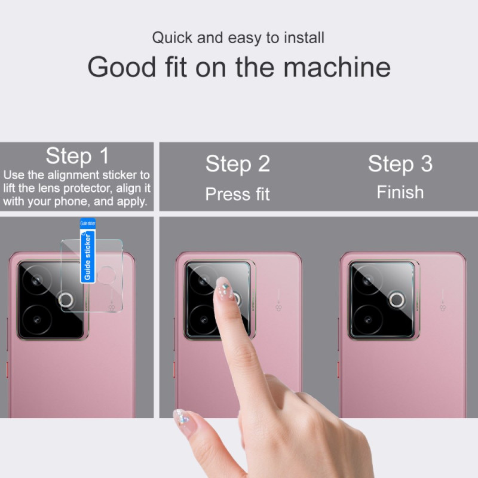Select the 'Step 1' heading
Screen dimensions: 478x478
click(x=77, y=156)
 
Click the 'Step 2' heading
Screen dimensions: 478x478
click(x=238, y=164)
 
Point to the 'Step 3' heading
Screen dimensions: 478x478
click(x=400, y=164)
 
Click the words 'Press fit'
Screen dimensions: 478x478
click(x=237, y=194)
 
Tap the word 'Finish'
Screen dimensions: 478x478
click(x=400, y=192)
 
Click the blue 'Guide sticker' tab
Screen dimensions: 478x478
click(x=88, y=250)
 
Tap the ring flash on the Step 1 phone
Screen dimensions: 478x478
click(x=66, y=300)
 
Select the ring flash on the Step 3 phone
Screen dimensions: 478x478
click(x=397, y=300)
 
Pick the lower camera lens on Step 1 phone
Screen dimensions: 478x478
click(x=37, y=320)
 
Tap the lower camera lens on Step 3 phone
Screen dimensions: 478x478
click(x=368, y=320)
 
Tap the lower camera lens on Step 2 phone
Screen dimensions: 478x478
click(x=204, y=320)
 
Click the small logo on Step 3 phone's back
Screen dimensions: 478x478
click(x=443, y=308)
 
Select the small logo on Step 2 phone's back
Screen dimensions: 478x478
click(x=278, y=308)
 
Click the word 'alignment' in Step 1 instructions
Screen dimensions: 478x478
click(x=73, y=175)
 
